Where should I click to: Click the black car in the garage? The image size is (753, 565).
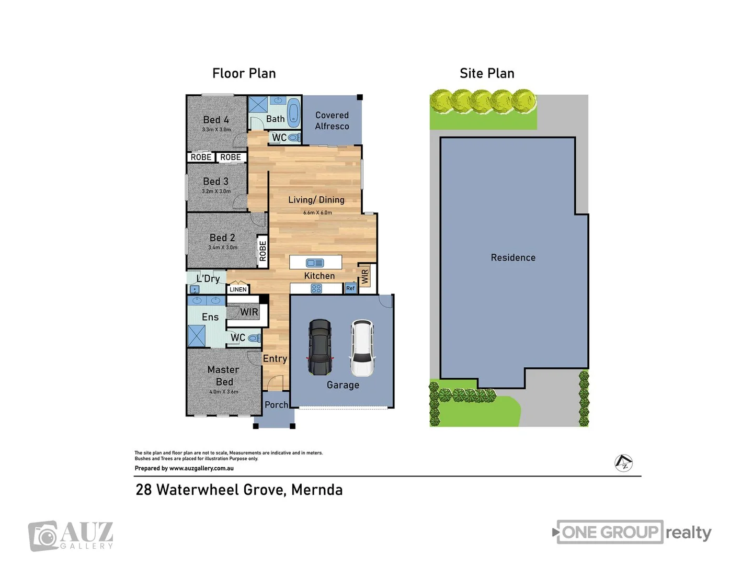(320, 347)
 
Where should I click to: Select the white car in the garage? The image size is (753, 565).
(362, 348)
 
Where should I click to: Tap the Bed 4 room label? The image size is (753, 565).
(216, 120)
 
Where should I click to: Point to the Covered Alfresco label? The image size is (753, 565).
(332, 120)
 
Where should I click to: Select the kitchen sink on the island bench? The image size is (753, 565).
(315, 263)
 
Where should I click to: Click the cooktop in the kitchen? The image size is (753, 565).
(316, 288)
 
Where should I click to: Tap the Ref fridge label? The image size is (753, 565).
(350, 288)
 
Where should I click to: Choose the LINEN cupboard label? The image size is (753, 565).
(238, 289)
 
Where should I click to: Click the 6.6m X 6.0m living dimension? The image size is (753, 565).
(317, 212)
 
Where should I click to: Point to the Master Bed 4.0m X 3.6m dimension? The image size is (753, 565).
(224, 392)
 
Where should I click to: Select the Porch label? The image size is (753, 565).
(276, 404)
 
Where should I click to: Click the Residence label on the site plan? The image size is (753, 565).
(513, 257)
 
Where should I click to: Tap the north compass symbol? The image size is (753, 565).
(623, 462)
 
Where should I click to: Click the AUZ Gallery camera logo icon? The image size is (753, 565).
(43, 536)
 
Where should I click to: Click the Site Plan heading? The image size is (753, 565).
(487, 73)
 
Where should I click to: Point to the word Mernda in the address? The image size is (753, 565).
(317, 490)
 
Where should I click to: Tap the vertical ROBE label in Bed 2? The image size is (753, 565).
(263, 251)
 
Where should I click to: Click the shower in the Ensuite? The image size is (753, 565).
(197, 335)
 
